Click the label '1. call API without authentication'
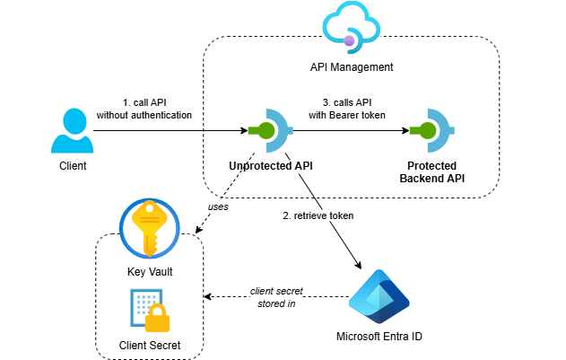[x=144, y=108]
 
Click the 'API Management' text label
[x=351, y=67]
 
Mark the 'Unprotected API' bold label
[x=270, y=166]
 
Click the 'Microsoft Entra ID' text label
[x=378, y=338]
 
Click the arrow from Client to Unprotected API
[x=170, y=131]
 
